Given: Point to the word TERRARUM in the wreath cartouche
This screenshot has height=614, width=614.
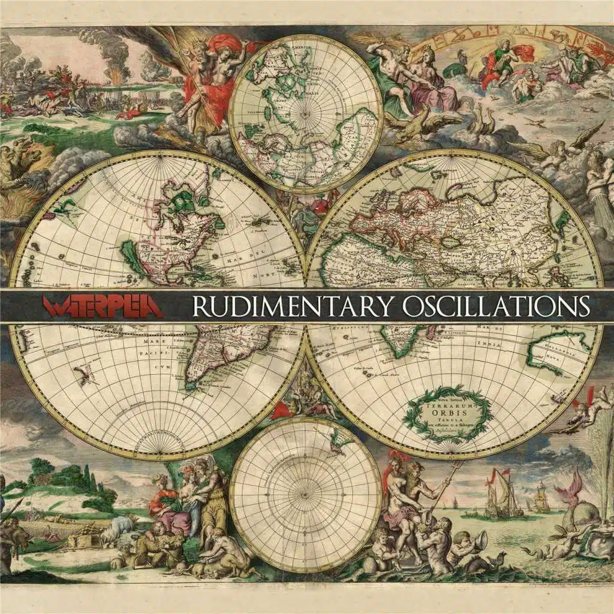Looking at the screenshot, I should [x=449, y=404].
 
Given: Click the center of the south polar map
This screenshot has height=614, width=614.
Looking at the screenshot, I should [x=305, y=495].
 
